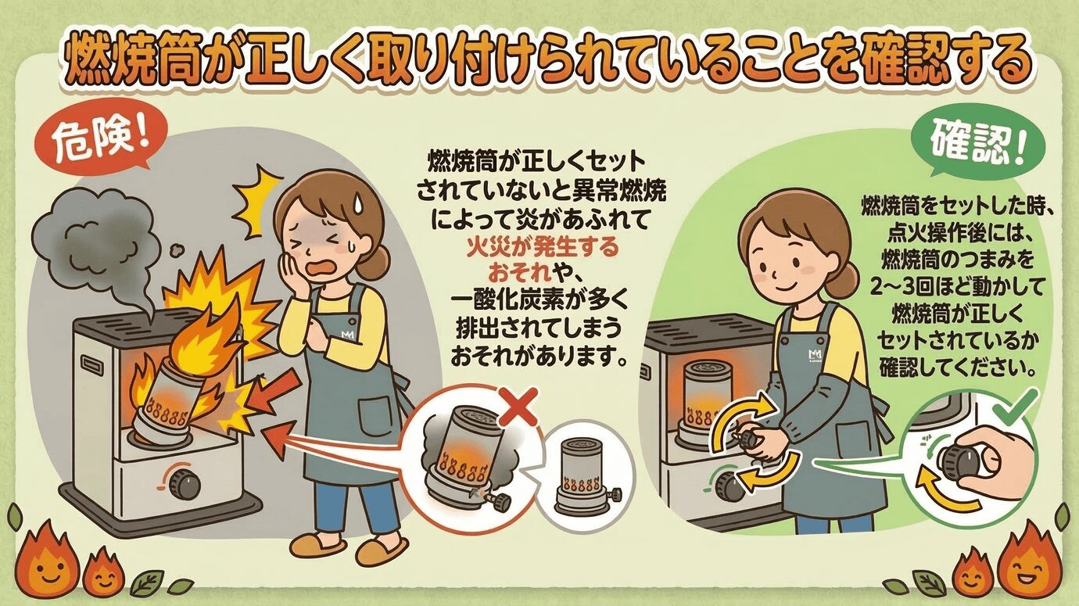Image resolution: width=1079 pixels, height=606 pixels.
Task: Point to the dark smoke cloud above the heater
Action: tap(96, 241)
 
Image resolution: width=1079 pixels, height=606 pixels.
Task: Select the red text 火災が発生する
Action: tap(543, 248)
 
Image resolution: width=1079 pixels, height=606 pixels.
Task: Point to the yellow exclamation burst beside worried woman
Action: tap(260, 199)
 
